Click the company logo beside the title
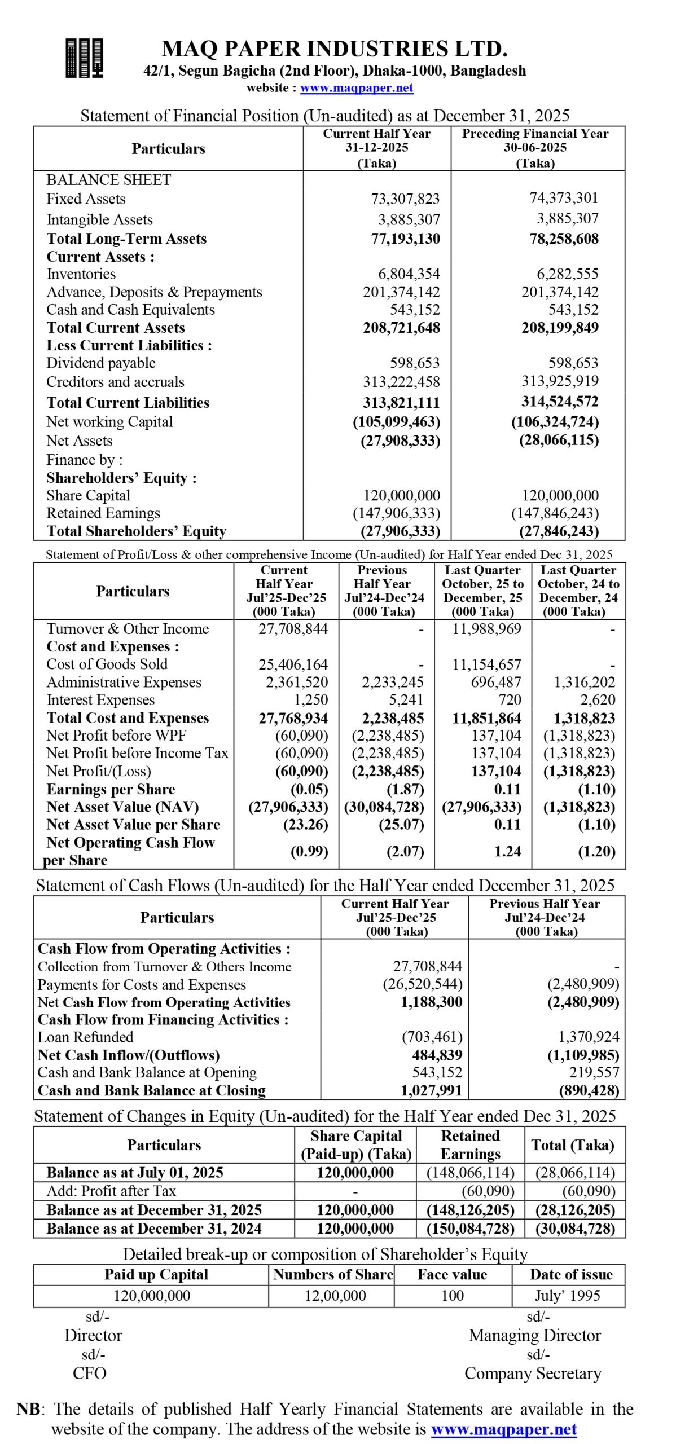click(84, 58)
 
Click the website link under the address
click(356, 88)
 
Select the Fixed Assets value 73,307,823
click(405, 199)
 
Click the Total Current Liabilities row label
click(128, 403)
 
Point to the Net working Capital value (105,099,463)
click(396, 422)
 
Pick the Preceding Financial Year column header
click(535, 148)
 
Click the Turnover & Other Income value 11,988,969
click(486, 629)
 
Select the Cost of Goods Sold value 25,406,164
click(293, 664)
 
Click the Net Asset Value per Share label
click(133, 825)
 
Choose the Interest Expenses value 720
click(510, 700)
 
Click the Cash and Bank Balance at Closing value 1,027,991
click(431, 1090)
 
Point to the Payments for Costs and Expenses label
click(142, 984)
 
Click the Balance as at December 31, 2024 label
click(153, 1229)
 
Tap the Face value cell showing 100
click(452, 1296)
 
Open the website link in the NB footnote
click(503, 1429)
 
